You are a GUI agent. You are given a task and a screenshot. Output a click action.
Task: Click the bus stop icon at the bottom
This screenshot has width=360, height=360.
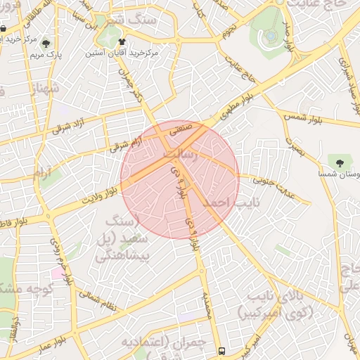tap(222, 351)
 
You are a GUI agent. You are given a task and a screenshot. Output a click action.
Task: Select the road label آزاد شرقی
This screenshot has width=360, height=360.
tap(69, 127)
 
